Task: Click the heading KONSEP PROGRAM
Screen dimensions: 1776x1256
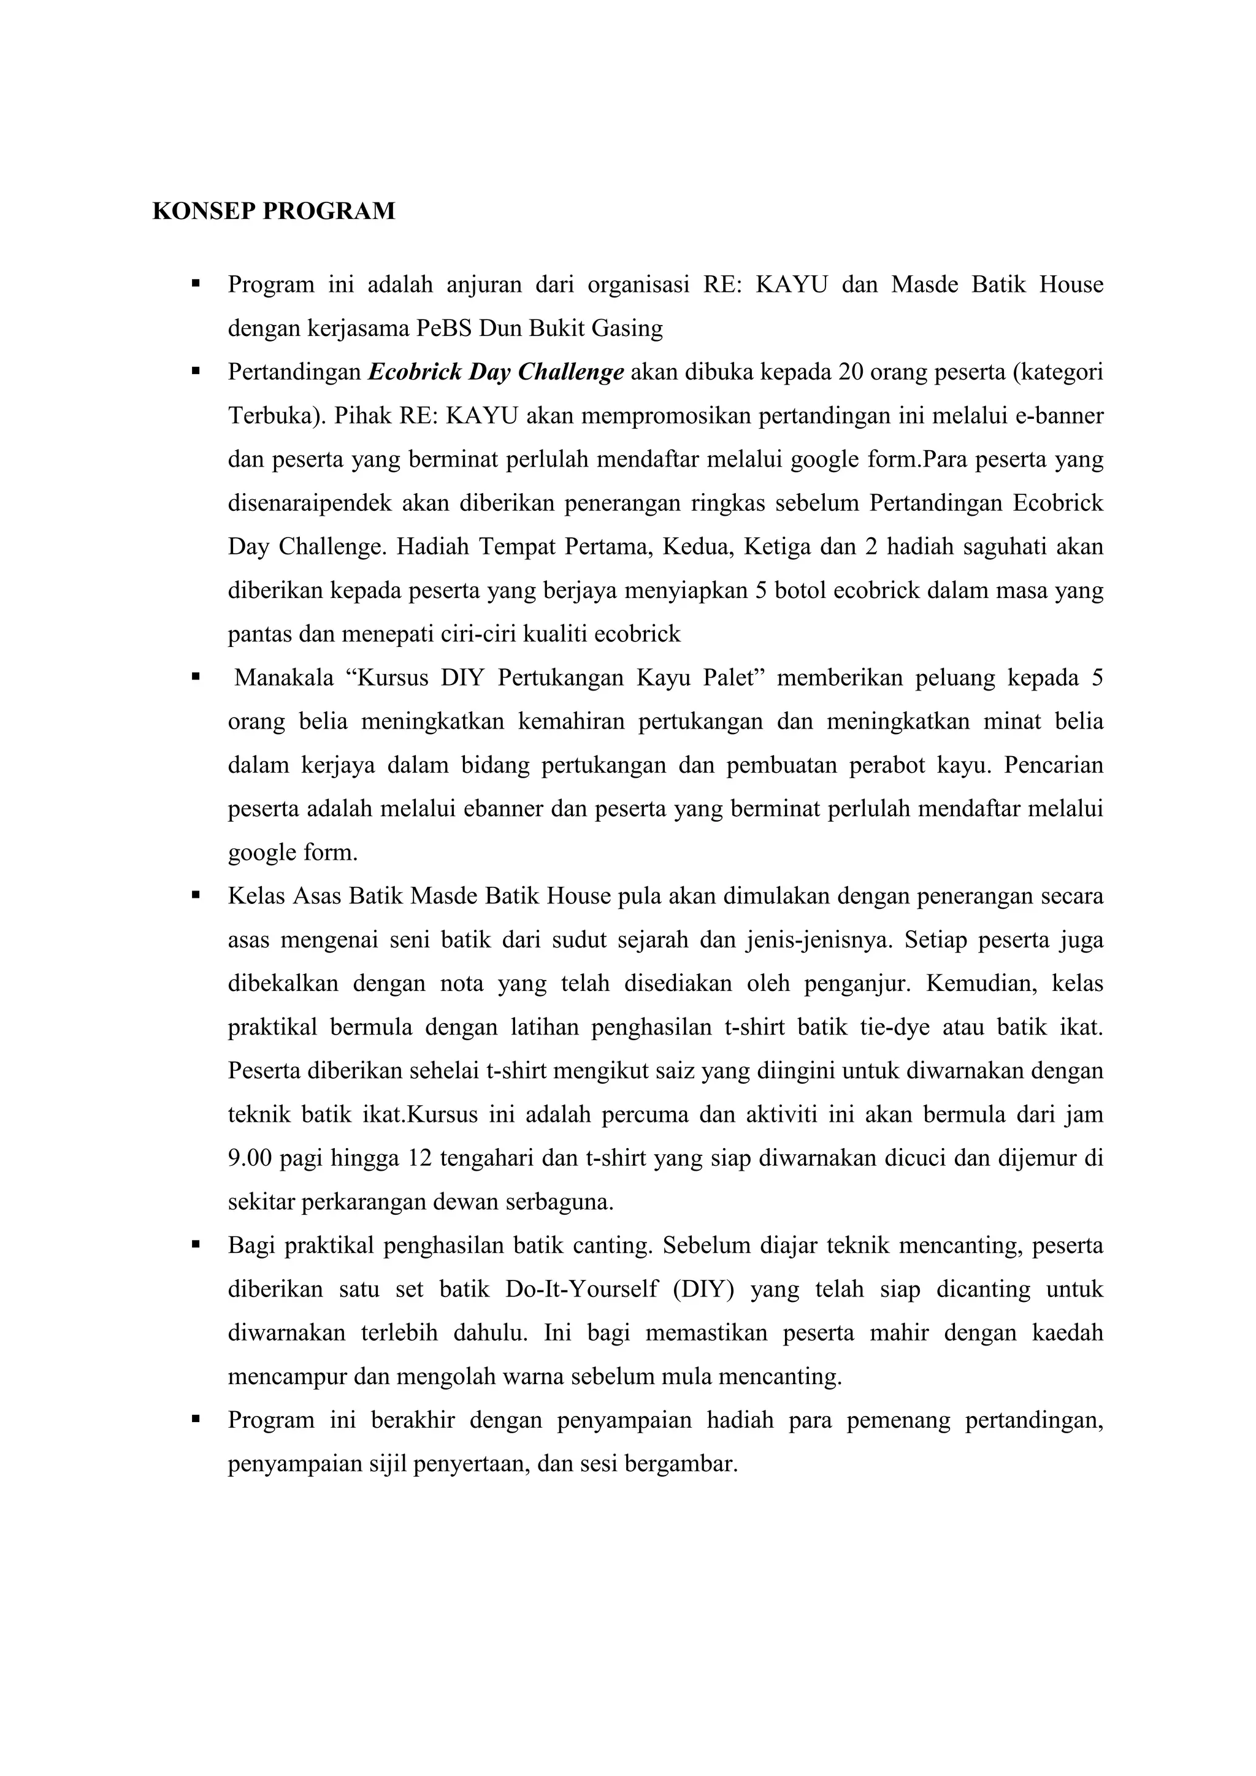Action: (273, 211)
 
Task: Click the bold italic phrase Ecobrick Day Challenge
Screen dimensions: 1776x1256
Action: (496, 372)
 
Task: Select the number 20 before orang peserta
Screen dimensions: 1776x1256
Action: (851, 372)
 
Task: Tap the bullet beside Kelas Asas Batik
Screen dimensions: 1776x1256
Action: (196, 896)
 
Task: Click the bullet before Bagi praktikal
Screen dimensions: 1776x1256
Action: (196, 1246)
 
